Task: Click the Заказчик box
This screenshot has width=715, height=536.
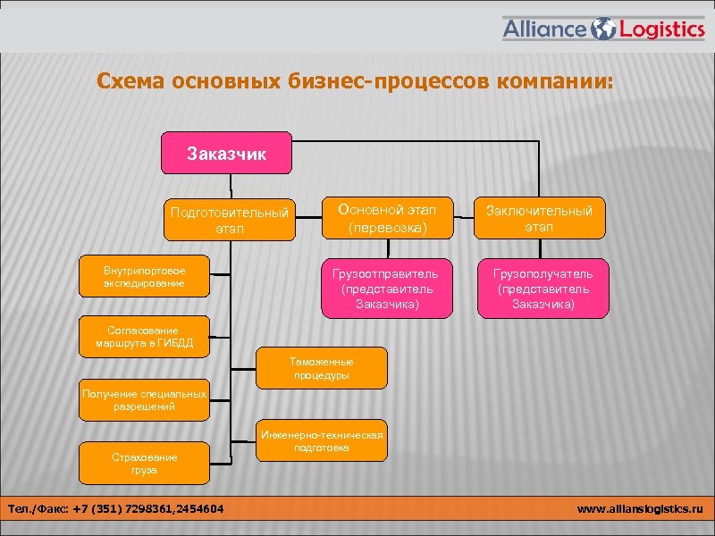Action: pos(226,154)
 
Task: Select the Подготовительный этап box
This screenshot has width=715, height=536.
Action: pos(230,220)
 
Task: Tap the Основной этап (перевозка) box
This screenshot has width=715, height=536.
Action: pos(387,218)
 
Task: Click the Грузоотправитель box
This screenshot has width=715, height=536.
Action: pos(387,289)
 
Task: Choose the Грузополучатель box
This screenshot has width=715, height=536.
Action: pos(543,289)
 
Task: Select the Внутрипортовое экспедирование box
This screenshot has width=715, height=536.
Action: pos(144,277)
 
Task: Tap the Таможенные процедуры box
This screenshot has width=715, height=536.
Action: pos(322,368)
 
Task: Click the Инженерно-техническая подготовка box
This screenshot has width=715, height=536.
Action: pos(322,440)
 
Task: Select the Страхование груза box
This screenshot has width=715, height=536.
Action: pos(144,463)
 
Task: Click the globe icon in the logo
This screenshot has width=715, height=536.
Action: pos(604,29)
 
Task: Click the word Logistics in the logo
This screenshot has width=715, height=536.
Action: pos(662,29)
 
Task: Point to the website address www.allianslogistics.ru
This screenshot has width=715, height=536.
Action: pos(640,509)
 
